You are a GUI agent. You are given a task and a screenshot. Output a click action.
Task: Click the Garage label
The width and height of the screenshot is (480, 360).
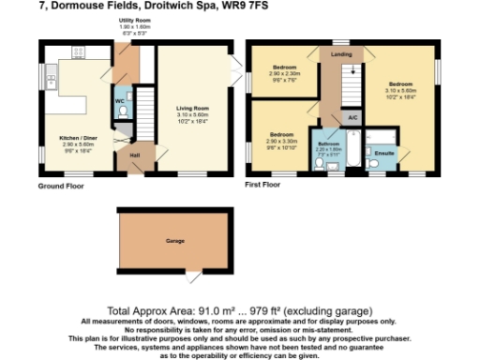pyautogui.click(x=173, y=242)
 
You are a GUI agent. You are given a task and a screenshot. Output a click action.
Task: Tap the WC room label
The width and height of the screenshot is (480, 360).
pyautogui.click(x=120, y=99)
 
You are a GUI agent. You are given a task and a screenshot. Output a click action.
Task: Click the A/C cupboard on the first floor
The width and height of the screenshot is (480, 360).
pyautogui.click(x=352, y=117)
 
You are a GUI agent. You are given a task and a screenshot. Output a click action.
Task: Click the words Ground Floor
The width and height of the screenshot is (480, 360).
pyautogui.click(x=60, y=186)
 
